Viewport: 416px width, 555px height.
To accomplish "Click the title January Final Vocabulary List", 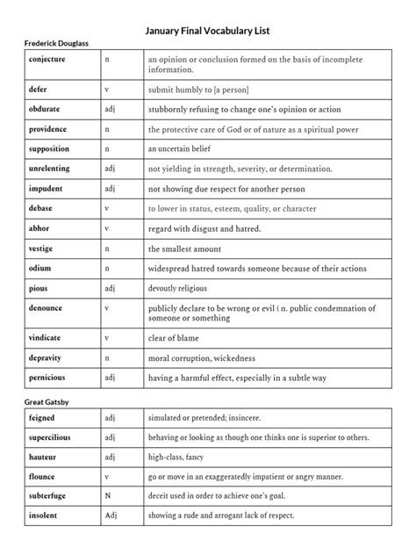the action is pos(207,30).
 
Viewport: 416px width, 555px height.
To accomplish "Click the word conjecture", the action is pos(47,59).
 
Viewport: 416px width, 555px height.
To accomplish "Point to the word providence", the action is pos(47,129).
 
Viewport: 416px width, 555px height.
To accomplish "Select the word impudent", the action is pos(46,188).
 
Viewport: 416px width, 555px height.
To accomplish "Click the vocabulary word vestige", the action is pos(41,249).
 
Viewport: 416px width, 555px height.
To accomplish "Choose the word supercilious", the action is pos(49,436).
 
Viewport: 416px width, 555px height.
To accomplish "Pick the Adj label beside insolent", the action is pos(111,515).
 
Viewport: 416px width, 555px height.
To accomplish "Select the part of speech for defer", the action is pos(107,90).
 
